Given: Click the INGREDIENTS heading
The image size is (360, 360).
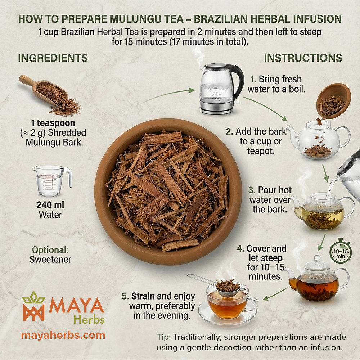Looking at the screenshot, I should [x=53, y=58].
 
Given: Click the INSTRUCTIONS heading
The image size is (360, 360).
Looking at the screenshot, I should [x=303, y=58].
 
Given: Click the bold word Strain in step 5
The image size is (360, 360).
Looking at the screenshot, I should [x=143, y=297].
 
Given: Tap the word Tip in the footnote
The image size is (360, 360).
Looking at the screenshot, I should [x=164, y=337].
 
